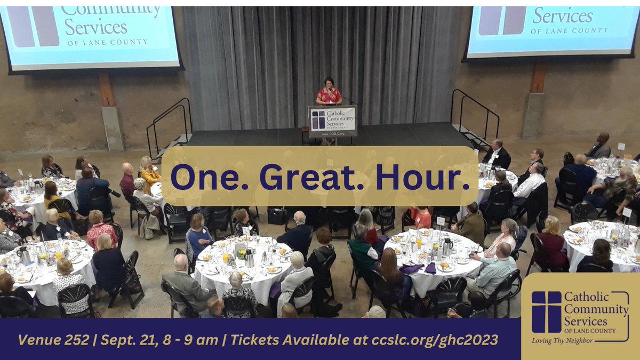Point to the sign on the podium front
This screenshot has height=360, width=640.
tap(333, 120)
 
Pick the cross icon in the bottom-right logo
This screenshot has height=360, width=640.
tap(546, 312)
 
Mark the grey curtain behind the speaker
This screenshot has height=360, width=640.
tap(256, 64)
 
